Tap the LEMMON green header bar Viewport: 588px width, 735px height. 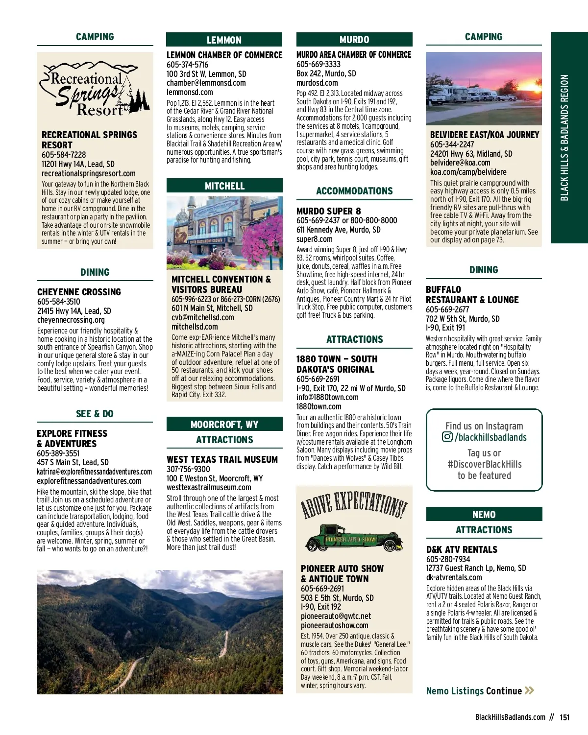coord(224,40)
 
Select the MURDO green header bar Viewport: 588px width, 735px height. coord(354,40)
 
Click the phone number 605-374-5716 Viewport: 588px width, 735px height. coord(187,65)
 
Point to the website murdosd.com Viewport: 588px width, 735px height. coord(317,83)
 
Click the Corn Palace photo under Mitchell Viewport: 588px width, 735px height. coord(224,233)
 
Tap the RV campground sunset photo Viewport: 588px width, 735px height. coord(484,88)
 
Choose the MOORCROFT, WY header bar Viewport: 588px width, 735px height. coord(224,424)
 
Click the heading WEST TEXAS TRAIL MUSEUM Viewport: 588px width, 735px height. coord(222,459)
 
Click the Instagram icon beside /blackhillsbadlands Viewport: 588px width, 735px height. coord(447,437)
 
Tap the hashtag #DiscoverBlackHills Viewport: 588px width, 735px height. coord(484,464)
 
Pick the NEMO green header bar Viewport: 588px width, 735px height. coord(484,514)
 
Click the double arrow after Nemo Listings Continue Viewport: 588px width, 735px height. coord(529,690)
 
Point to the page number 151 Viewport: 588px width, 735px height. coord(564,717)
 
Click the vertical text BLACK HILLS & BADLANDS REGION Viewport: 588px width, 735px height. coord(564,138)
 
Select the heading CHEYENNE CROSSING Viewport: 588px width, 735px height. coord(79,292)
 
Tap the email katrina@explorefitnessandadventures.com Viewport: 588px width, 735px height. coord(95,472)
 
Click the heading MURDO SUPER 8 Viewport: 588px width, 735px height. coord(328,211)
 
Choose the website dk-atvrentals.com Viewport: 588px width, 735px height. coord(454,577)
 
